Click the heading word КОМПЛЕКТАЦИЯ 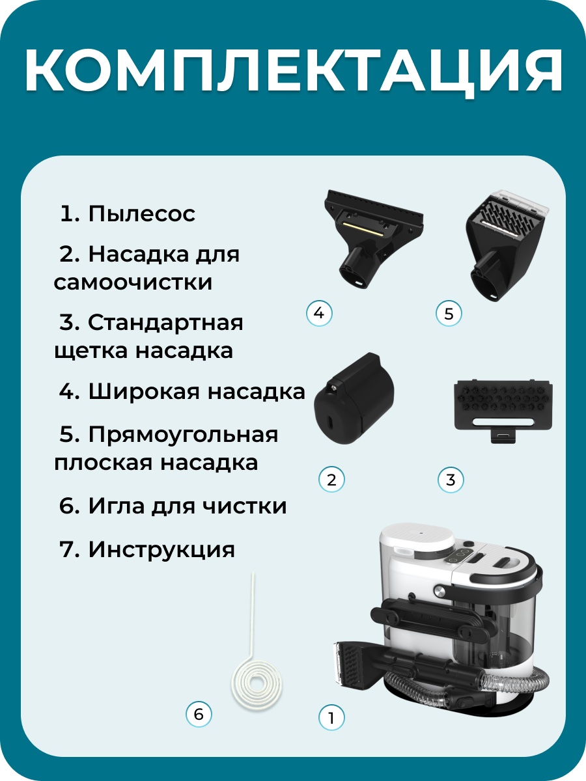point(293,72)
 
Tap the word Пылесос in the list point(142,214)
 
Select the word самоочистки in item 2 point(133,282)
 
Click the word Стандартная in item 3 point(165,323)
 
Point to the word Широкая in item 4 point(144,391)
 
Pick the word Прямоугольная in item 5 point(183,435)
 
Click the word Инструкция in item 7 point(161,549)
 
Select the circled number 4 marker point(319,313)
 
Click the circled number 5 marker point(449,314)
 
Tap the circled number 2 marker point(331,479)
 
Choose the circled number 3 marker point(451,479)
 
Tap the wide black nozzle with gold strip point(374,239)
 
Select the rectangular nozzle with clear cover point(507,245)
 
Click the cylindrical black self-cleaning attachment point(354,399)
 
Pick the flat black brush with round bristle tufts point(503,410)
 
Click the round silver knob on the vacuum point(439,592)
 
